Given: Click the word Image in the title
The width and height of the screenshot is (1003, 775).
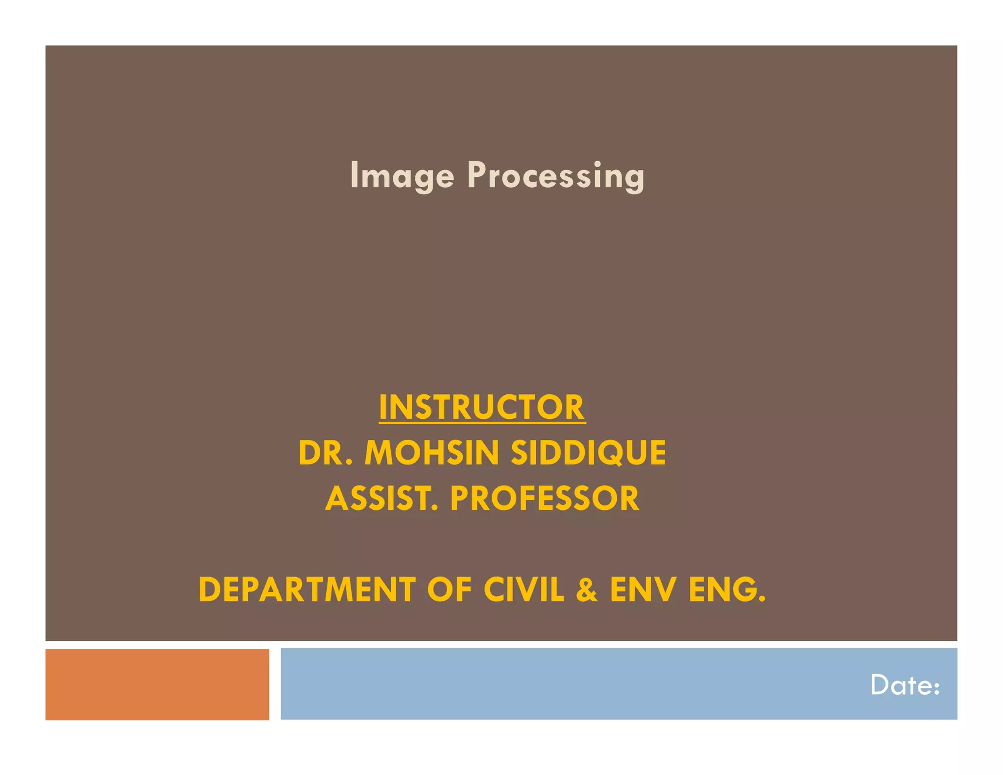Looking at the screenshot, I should [402, 175].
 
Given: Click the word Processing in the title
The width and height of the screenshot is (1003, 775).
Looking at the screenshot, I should [555, 175].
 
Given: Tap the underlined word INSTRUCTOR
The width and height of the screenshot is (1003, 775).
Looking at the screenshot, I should [482, 407].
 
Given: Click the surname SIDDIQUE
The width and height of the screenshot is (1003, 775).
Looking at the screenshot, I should [588, 453].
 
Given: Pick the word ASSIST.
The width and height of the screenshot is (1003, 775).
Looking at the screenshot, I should [382, 499].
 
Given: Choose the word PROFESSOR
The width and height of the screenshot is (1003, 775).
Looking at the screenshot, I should [545, 499].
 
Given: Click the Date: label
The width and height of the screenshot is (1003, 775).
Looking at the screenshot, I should [905, 685].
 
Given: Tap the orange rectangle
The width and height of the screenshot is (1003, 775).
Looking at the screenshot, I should [157, 684].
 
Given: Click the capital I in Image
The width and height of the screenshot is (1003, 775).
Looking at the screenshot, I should [354, 175].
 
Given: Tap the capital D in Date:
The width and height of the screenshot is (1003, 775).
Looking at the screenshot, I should [880, 685].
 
